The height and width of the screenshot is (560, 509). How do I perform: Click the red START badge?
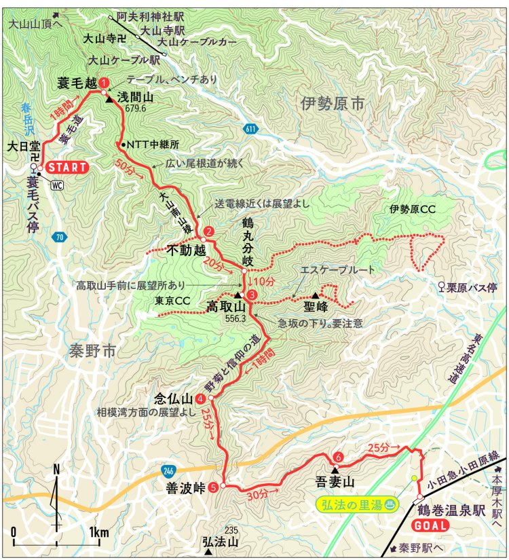tap(67, 167)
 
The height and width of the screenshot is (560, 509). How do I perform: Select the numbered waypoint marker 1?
tap(104, 82)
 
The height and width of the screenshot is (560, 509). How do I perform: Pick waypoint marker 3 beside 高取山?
tap(252, 295)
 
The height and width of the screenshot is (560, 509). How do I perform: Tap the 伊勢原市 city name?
tap(333, 103)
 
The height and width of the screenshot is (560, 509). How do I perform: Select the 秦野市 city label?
tap(92, 351)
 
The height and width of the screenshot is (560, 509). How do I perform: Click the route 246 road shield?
tap(167, 470)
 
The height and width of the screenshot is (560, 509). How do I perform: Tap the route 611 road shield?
tap(251, 129)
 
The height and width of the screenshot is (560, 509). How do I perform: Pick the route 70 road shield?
tap(59, 236)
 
